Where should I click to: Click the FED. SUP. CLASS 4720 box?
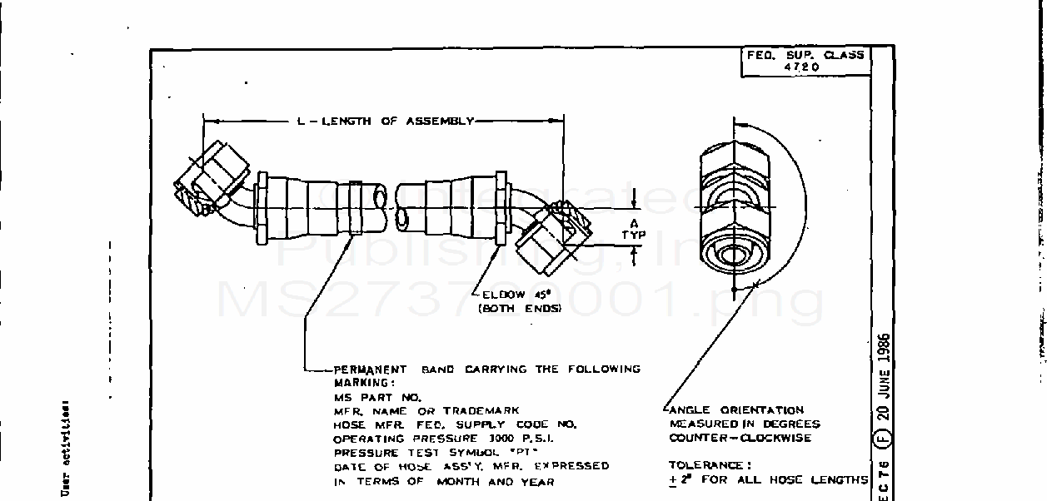pyautogui.click(x=804, y=61)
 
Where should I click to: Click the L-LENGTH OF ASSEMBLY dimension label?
pyautogui.click(x=385, y=122)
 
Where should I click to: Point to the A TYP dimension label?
pyautogui.click(x=634, y=229)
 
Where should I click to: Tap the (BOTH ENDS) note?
pyautogui.click(x=518, y=308)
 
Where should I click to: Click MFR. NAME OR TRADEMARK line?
pyautogui.click(x=426, y=410)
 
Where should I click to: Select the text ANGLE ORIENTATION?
pyautogui.click(x=736, y=409)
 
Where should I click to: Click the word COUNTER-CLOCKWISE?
pyautogui.click(x=740, y=438)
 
